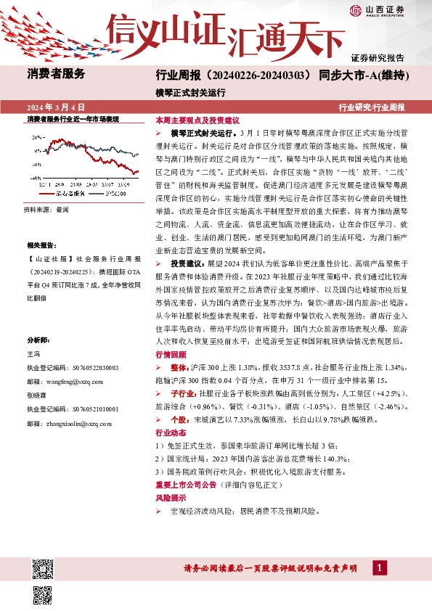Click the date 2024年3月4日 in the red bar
[x=55, y=107]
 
